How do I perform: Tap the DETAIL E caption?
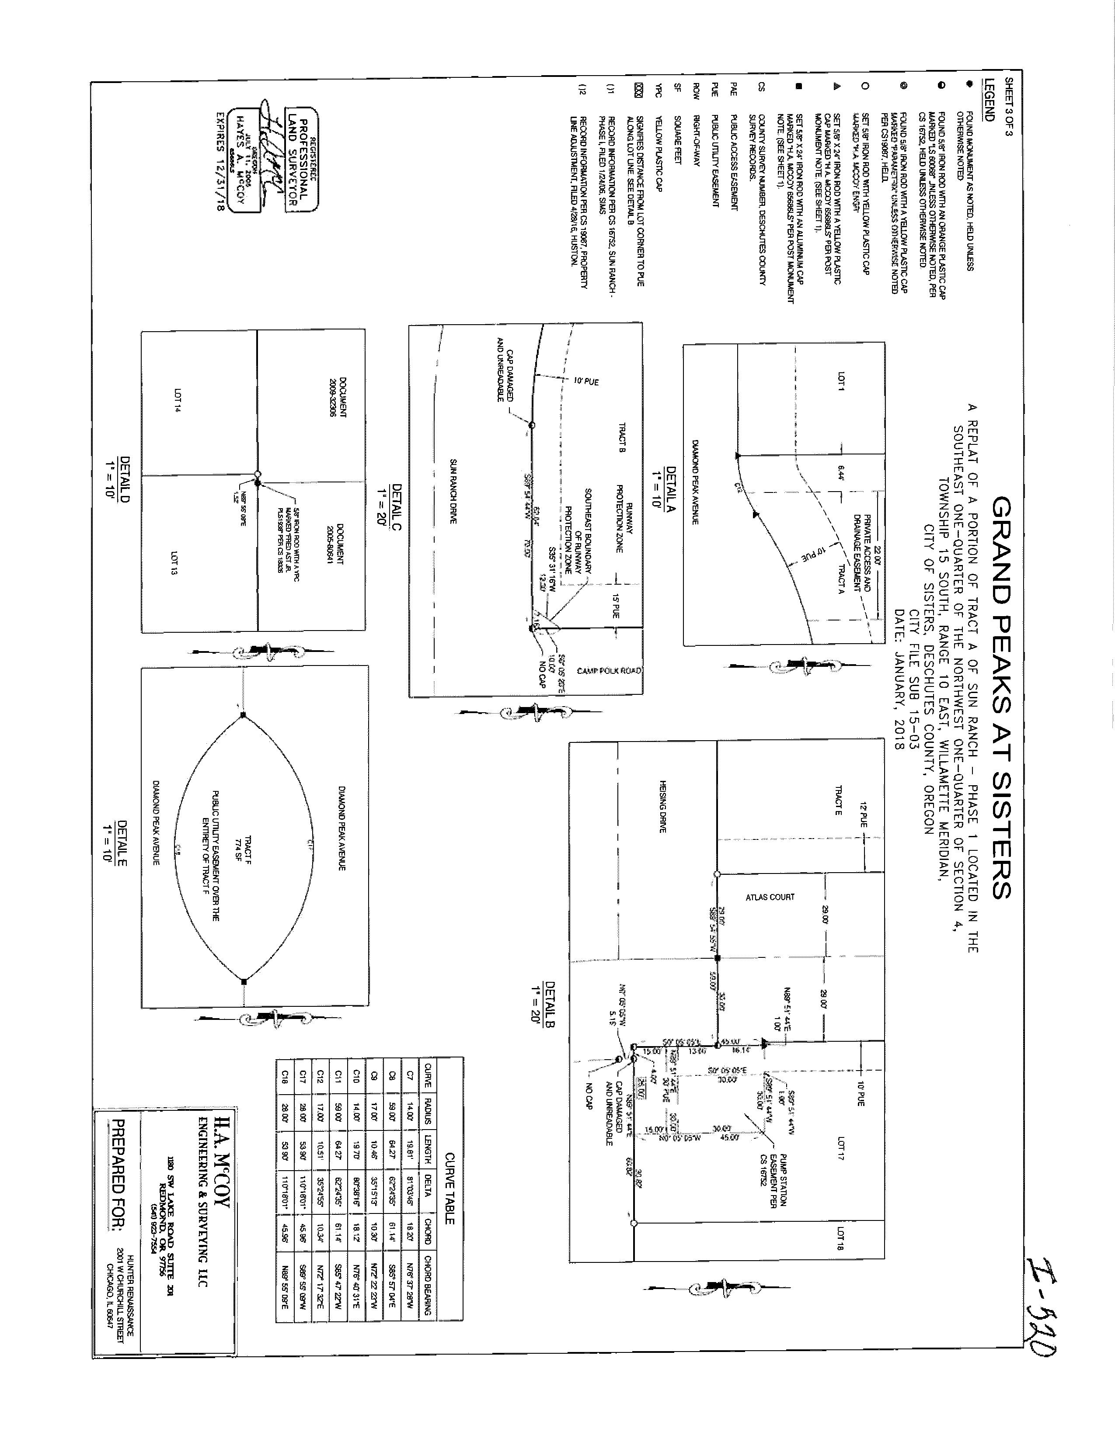pos(115,843)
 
